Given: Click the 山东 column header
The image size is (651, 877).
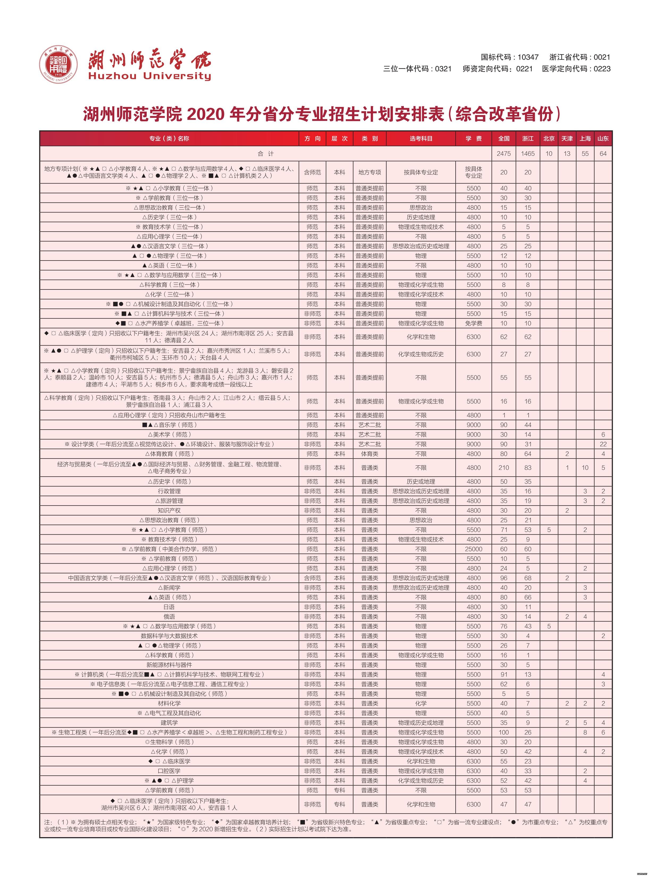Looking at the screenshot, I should [603, 138].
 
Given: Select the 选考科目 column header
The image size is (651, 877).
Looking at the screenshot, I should [421, 138].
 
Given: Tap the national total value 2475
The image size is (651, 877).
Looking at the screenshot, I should [504, 153].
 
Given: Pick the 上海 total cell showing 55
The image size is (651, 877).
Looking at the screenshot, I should [585, 153].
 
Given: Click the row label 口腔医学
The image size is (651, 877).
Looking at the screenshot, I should [169, 771].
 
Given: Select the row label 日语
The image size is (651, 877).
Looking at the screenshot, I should [169, 607].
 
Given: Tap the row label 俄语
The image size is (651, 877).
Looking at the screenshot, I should [169, 616].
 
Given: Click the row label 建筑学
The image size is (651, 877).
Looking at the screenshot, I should [169, 723].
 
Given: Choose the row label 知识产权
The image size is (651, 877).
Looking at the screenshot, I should [169, 510].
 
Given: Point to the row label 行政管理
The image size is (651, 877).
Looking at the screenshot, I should [169, 491].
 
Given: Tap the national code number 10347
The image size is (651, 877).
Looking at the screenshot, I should [528, 57].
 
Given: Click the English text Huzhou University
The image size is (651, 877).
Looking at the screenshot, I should [150, 76].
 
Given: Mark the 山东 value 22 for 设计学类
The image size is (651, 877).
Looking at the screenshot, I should [603, 444].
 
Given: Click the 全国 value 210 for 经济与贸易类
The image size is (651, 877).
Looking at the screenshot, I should [504, 468].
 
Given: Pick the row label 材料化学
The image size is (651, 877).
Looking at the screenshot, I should [169, 703].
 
